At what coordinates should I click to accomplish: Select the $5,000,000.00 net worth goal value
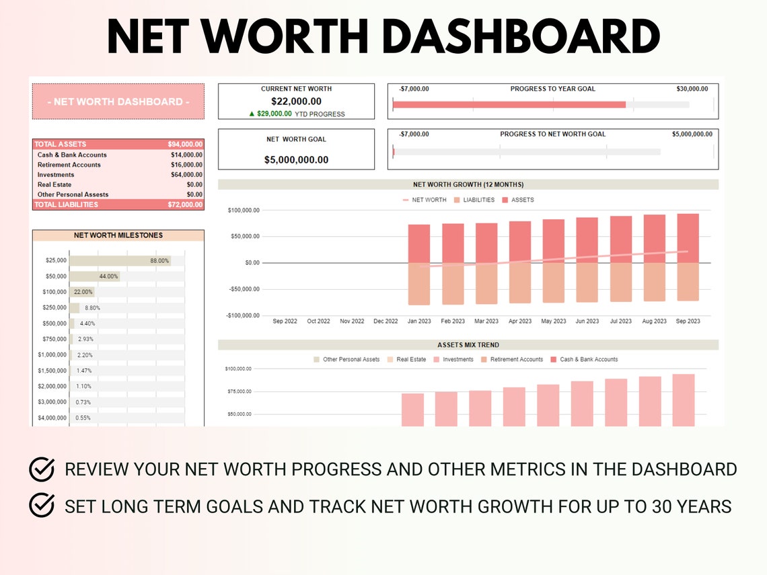click(x=296, y=159)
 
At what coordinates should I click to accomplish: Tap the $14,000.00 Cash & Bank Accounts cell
click(x=186, y=155)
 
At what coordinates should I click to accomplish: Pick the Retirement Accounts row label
click(x=69, y=165)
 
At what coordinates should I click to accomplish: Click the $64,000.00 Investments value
click(x=186, y=175)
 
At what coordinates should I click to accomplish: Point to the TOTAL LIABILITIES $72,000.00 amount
click(x=185, y=204)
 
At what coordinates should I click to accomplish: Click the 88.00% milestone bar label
click(x=159, y=260)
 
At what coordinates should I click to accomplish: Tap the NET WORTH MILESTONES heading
click(x=118, y=235)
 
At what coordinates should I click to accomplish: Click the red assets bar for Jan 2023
click(x=419, y=243)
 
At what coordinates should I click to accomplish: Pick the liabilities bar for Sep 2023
click(x=688, y=281)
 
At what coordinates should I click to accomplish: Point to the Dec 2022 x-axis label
click(x=386, y=321)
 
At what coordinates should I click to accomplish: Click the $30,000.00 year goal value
click(x=692, y=89)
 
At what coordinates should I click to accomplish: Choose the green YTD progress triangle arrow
click(x=252, y=114)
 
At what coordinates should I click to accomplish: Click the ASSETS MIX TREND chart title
click(x=468, y=345)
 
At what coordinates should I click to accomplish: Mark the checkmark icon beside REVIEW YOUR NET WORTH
click(x=42, y=469)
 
